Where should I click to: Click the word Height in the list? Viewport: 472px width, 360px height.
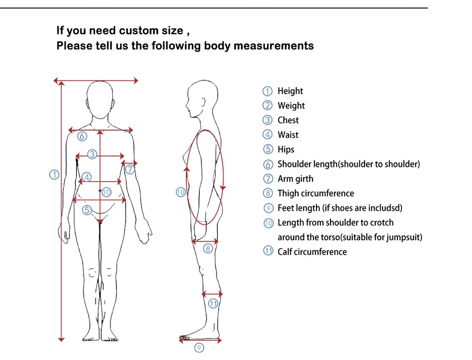290,91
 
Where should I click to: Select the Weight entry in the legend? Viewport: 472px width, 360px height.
291,105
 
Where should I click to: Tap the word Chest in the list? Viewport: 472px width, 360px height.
288,120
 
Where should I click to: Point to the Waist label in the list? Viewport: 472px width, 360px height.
288,135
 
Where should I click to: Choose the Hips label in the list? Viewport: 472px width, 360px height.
286,149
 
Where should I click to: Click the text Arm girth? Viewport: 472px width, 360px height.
295,179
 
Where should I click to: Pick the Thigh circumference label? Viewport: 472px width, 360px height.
315,193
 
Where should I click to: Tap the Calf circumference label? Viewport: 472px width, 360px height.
312,252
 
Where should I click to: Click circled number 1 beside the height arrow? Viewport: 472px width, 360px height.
54,174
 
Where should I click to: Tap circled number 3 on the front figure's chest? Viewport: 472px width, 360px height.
92,154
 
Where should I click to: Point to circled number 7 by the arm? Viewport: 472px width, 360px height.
130,169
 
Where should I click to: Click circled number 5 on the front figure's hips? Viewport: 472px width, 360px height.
87,210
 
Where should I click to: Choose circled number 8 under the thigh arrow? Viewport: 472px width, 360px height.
208,248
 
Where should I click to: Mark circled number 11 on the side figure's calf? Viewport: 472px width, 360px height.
213,303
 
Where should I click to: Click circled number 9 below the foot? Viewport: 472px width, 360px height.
199,348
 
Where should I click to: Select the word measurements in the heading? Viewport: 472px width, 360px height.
274,46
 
